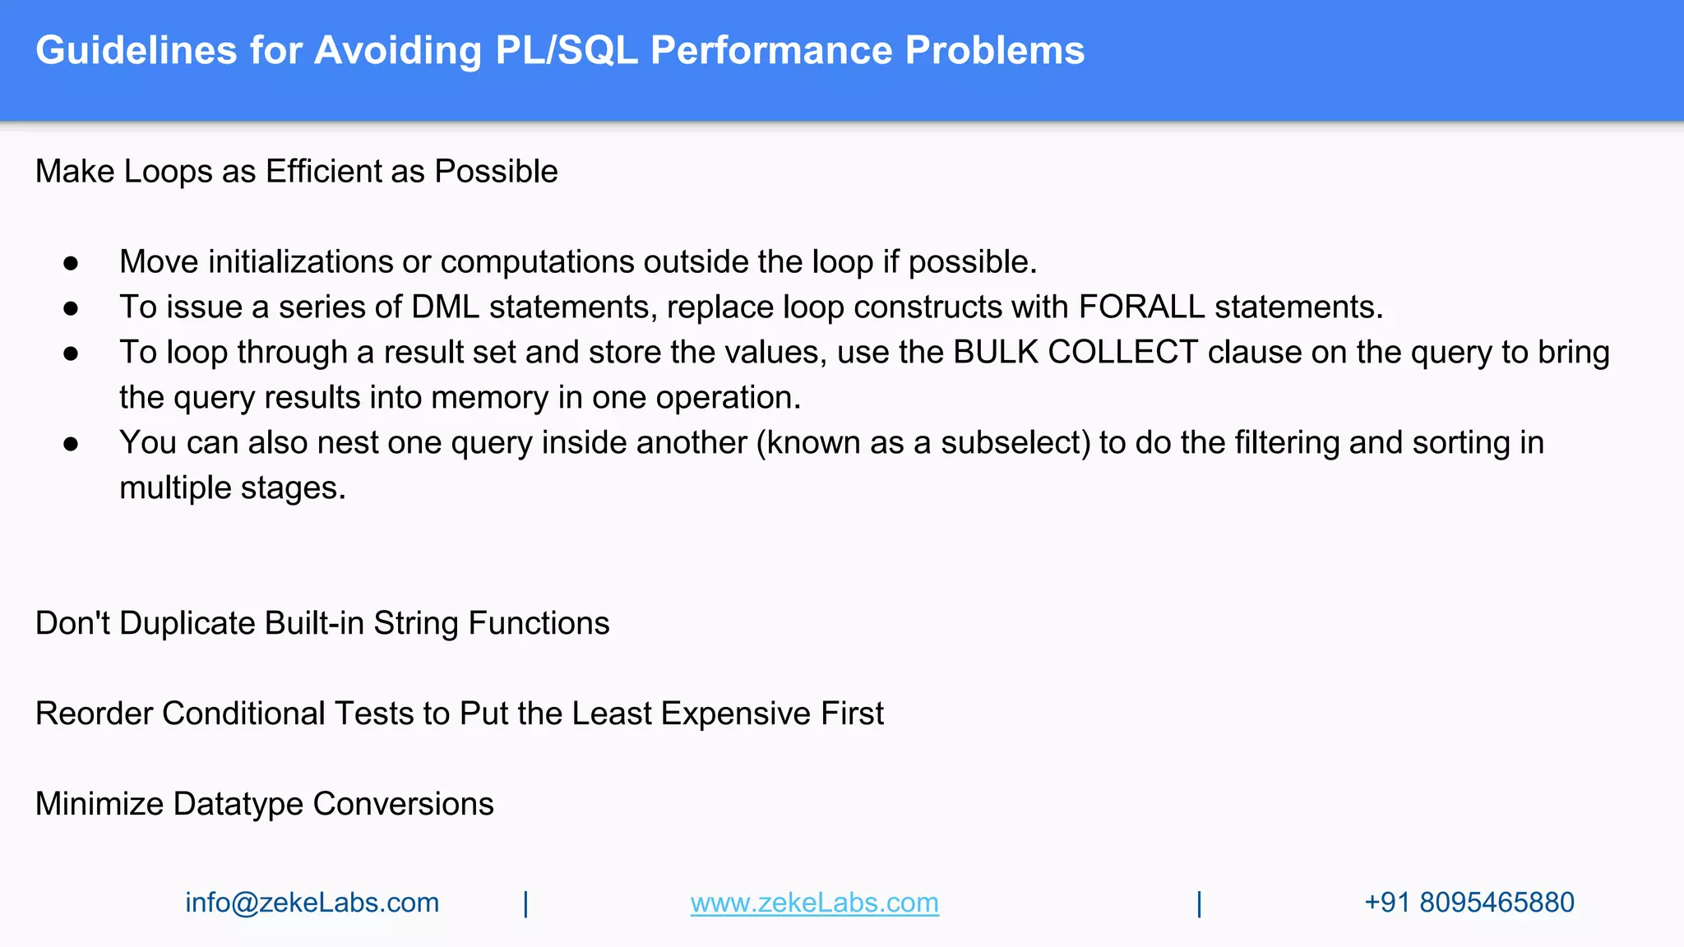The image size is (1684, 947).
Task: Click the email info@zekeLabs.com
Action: pyautogui.click(x=312, y=903)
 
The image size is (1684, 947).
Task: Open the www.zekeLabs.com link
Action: pyautogui.click(x=814, y=903)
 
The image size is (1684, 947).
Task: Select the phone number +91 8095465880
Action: pyautogui.click(x=1469, y=903)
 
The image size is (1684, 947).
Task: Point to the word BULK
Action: pyautogui.click(x=996, y=353)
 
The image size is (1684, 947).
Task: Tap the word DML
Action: pyautogui.click(x=445, y=307)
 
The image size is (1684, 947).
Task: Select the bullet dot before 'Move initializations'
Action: pyautogui.click(x=71, y=263)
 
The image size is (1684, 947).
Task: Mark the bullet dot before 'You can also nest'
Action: pyautogui.click(x=71, y=444)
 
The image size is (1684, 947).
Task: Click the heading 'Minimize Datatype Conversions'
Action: pyautogui.click(x=264, y=804)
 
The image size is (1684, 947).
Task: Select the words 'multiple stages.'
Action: pyautogui.click(x=233, y=488)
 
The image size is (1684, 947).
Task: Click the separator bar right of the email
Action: pyautogui.click(x=525, y=903)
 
